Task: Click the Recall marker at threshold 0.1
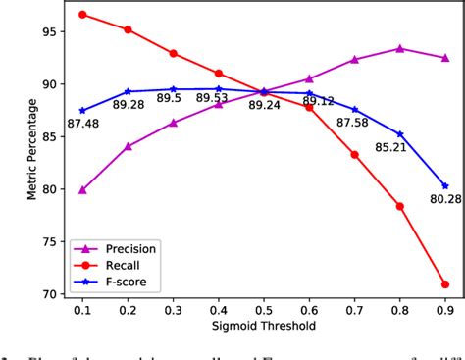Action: click(82, 15)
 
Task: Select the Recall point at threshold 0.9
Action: click(445, 284)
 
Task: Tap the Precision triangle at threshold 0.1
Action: click(82, 190)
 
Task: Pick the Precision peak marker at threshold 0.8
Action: click(400, 48)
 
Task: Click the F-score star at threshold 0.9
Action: click(445, 186)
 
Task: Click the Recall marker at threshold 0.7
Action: click(354, 155)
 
